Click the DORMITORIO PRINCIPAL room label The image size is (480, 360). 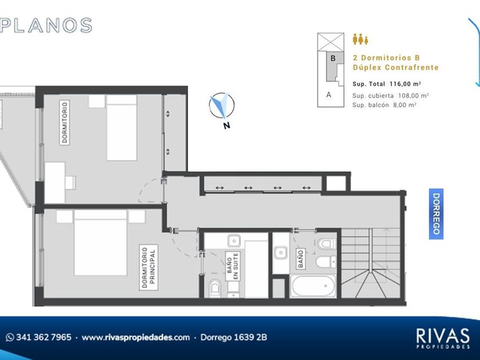point(149,267)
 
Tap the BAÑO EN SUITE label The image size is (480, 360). point(233,266)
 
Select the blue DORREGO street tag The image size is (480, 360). point(436,214)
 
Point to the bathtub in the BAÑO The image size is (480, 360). point(313,286)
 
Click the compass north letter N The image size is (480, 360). point(226,125)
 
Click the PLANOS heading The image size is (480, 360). point(46,25)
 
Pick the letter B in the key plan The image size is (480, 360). point(333,58)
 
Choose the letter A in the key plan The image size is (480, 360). point(329,95)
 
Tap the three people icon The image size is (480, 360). point(361,39)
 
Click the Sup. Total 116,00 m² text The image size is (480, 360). point(387,84)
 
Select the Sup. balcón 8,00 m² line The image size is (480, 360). point(384,105)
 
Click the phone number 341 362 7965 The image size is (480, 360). point(43,337)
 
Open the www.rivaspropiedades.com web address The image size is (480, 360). point(135,337)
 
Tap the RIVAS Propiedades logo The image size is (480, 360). point(443,338)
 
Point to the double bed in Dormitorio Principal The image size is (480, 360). point(101,242)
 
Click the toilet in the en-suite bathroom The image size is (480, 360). point(215,288)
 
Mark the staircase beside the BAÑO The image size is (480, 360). point(370,263)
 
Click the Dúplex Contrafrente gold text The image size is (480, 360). point(395,67)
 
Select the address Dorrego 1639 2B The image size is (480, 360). point(234,337)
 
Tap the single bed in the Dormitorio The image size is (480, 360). point(122,127)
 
